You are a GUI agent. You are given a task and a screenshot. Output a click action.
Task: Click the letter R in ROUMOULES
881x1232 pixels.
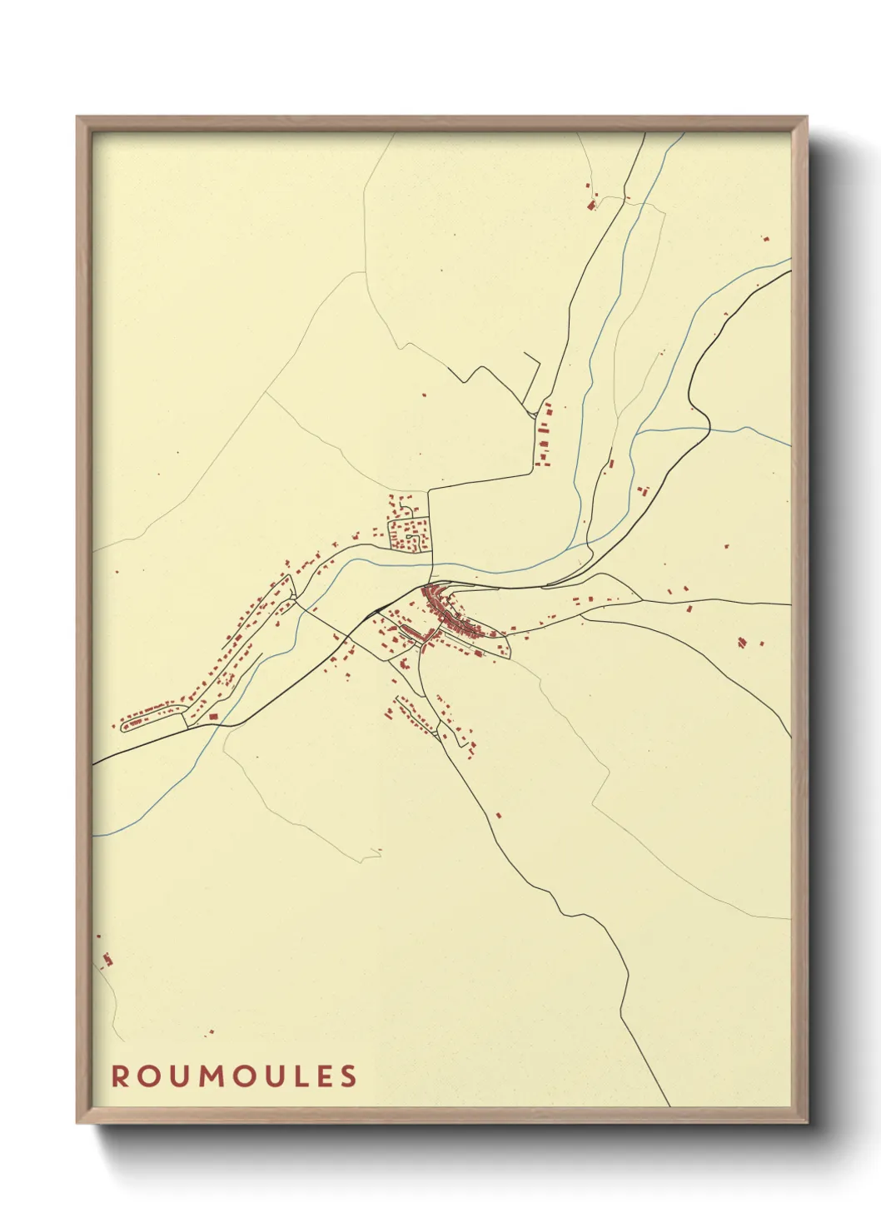119,1076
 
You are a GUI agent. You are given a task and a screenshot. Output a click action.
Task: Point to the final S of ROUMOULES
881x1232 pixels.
349,1076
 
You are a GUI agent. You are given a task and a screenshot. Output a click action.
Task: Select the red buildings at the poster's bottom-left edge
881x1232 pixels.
106,959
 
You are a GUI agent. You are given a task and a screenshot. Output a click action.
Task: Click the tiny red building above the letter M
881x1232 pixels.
210,1032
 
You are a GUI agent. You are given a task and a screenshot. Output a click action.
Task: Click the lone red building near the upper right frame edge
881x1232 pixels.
765,239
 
